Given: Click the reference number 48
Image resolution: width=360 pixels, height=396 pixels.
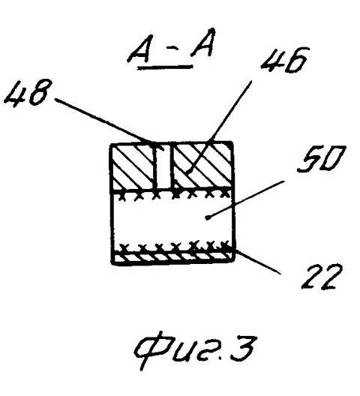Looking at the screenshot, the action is pyautogui.click(x=27, y=92).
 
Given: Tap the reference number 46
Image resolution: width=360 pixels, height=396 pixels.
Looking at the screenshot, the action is pyautogui.click(x=285, y=60).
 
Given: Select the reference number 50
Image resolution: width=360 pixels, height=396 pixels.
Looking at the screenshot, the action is pyautogui.click(x=321, y=159).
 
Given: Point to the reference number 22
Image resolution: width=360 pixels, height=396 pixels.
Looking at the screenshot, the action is pyautogui.click(x=322, y=277).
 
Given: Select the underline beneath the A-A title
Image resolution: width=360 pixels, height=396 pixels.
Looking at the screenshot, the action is pyautogui.click(x=165, y=67).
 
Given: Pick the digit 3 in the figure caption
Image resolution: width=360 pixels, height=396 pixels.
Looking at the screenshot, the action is pyautogui.click(x=241, y=347).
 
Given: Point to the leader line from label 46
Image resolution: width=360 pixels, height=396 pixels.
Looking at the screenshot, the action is pyautogui.click(x=219, y=126).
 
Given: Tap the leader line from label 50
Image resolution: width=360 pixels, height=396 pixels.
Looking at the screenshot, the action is pyautogui.click(x=245, y=199).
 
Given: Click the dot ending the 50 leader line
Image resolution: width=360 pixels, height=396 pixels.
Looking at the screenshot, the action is pyautogui.click(x=208, y=217).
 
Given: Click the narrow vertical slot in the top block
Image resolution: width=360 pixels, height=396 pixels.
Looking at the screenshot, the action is pyautogui.click(x=163, y=166).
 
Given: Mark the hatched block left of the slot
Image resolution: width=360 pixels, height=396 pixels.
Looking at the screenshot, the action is pyautogui.click(x=133, y=166).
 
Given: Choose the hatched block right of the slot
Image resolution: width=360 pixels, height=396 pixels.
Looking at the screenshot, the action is pyautogui.click(x=202, y=166).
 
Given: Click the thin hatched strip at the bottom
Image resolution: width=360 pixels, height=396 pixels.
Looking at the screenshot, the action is pyautogui.click(x=173, y=256).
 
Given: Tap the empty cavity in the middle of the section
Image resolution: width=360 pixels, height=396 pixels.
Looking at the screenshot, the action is pyautogui.click(x=172, y=221).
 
